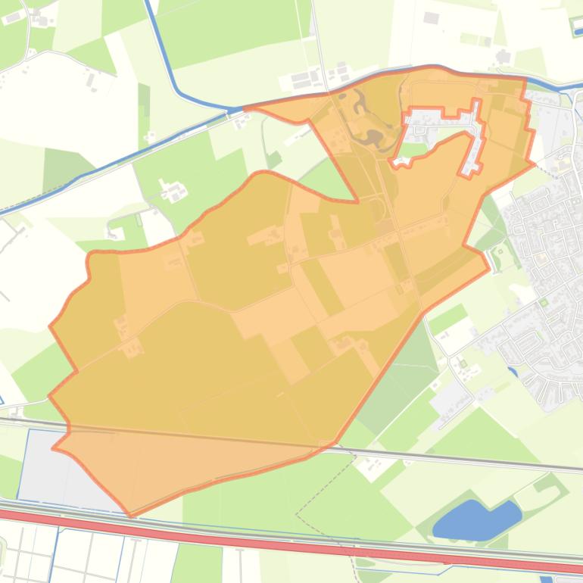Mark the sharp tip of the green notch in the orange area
click(x=357, y=201)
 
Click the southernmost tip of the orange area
click(x=131, y=516)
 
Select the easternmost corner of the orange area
click(x=535, y=163)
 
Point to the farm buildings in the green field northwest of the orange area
click(x=173, y=192)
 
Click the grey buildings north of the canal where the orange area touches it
click(x=307, y=79)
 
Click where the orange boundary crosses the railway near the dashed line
click(x=334, y=444)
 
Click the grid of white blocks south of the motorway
click(x=30, y=556)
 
